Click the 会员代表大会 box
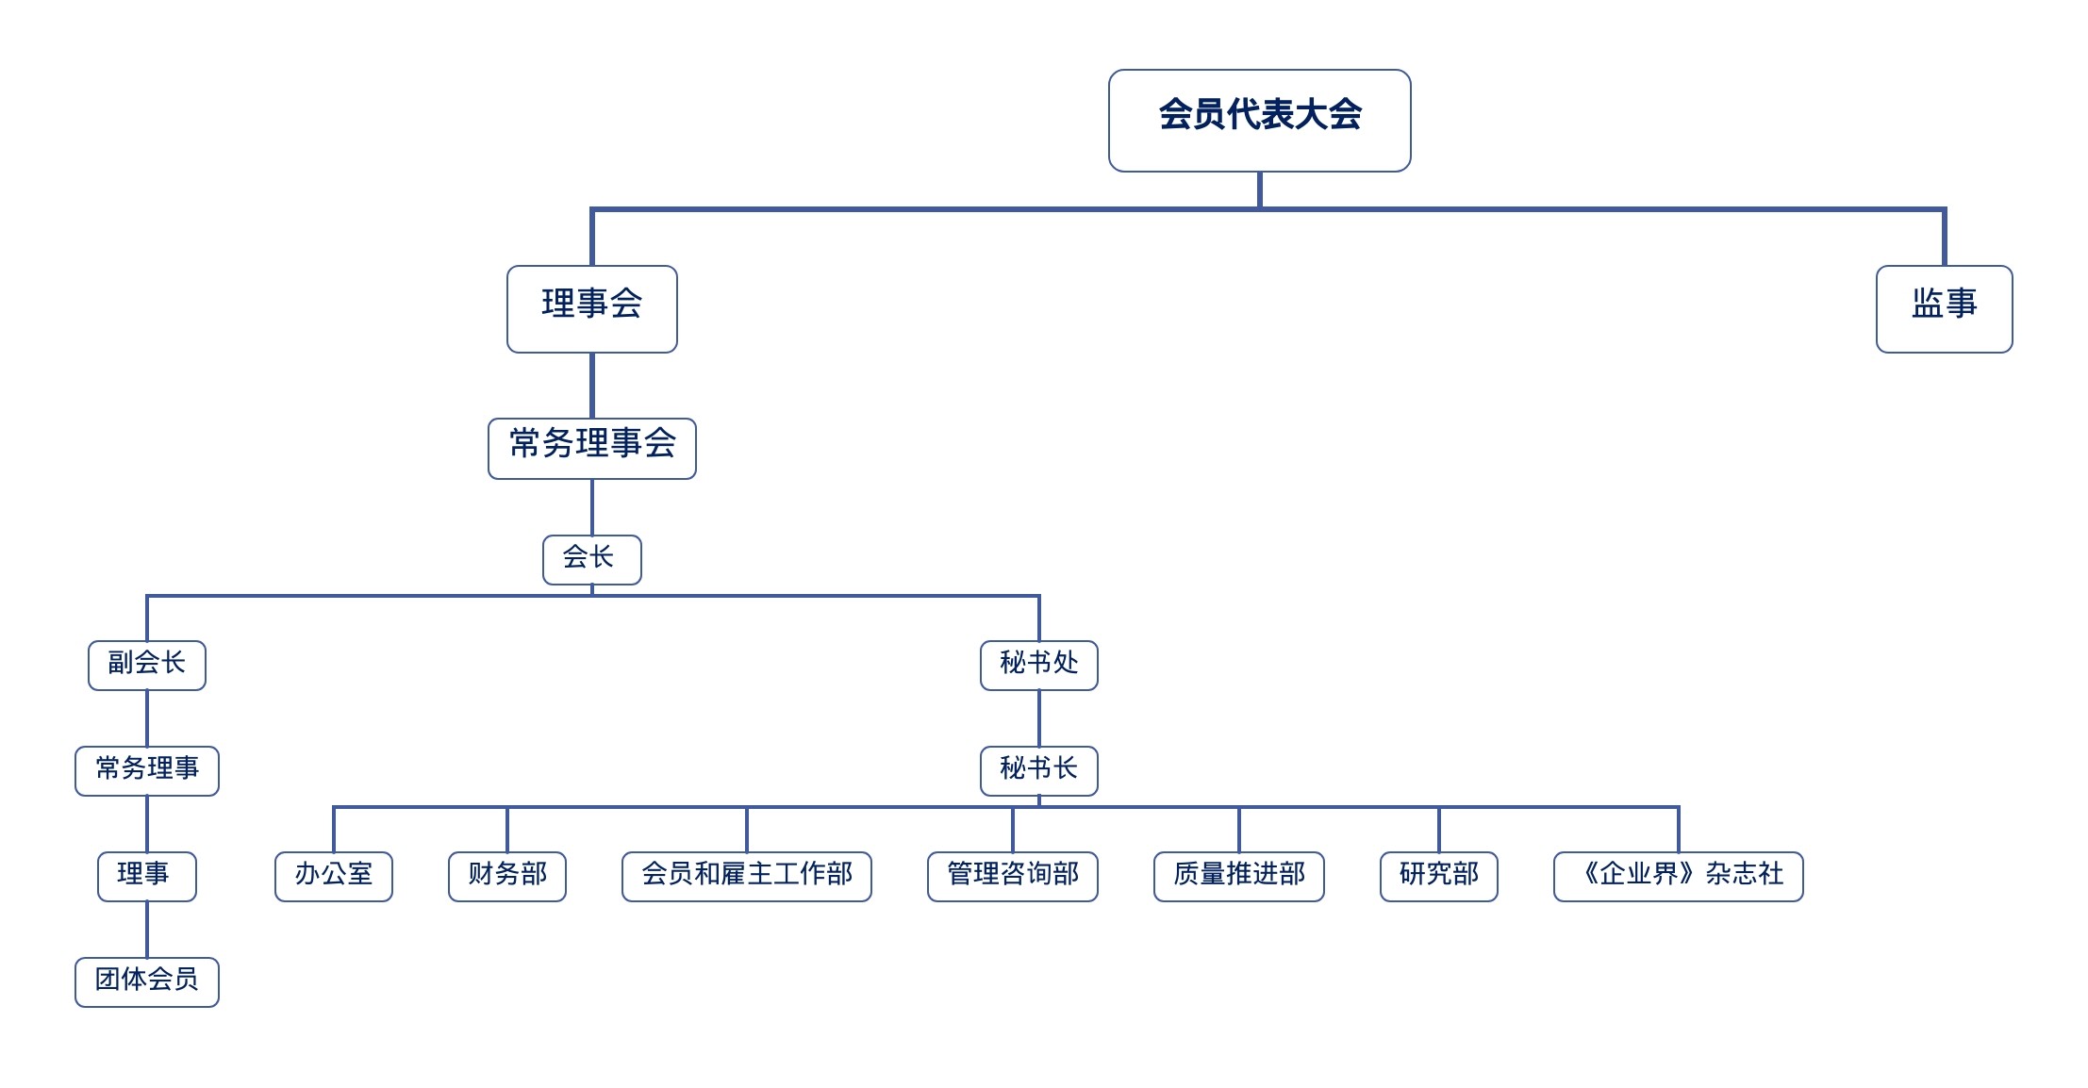1259,121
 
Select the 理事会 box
591,309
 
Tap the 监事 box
1944,309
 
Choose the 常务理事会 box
591,449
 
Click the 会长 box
591,560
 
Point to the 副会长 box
146,666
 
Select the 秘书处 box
1038,666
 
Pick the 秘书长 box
1038,771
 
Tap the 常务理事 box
146,771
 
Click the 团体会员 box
146,982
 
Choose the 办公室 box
333,877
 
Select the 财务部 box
506,877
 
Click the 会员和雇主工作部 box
746,877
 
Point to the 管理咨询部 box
1012,877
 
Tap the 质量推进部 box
1238,877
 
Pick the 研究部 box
1438,877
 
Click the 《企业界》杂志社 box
1678,877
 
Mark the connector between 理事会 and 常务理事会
591,386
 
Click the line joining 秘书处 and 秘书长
1038,718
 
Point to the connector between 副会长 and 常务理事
146,718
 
